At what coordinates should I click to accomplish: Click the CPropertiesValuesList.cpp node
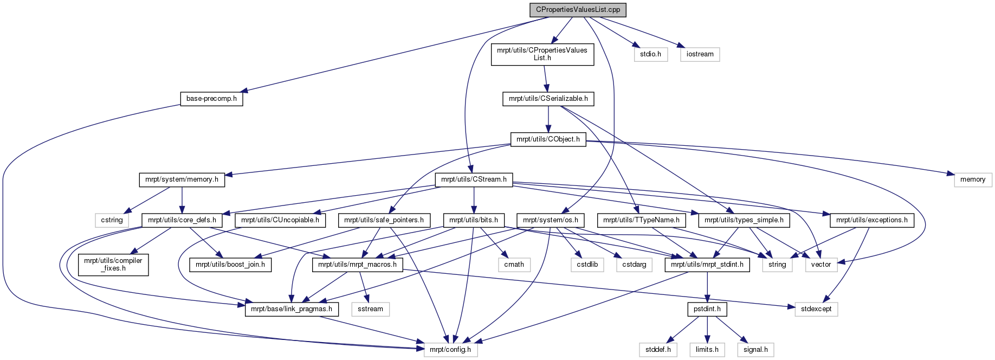click(x=578, y=10)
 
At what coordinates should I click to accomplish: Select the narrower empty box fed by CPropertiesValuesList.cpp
click(x=651, y=55)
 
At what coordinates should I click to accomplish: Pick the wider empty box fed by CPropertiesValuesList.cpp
click(x=700, y=55)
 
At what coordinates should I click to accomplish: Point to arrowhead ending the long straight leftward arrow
click(x=243, y=91)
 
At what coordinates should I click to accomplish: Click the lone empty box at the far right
click(x=973, y=180)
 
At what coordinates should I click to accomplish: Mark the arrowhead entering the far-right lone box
click(x=950, y=174)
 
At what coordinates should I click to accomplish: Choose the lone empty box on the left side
click(x=112, y=220)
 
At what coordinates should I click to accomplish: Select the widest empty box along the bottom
click(x=450, y=350)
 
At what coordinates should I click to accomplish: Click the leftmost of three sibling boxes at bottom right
click(x=658, y=350)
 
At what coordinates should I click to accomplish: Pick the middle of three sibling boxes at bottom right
click(x=707, y=350)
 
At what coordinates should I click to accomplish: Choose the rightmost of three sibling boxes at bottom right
click(x=755, y=350)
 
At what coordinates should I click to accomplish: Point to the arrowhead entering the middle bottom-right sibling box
click(x=707, y=339)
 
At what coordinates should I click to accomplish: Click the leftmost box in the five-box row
click(x=514, y=265)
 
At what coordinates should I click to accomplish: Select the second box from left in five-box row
click(x=587, y=265)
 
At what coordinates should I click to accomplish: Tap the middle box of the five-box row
click(x=634, y=265)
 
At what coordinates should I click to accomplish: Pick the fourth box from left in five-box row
click(x=777, y=265)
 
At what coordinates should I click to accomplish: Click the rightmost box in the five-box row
click(x=821, y=265)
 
